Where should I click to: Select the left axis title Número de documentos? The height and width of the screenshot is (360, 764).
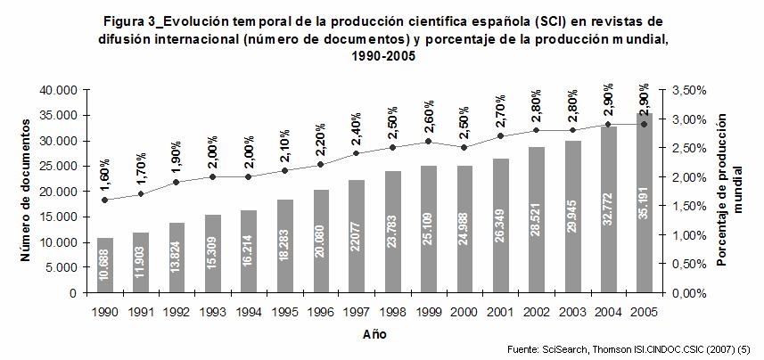coord(27,192)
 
